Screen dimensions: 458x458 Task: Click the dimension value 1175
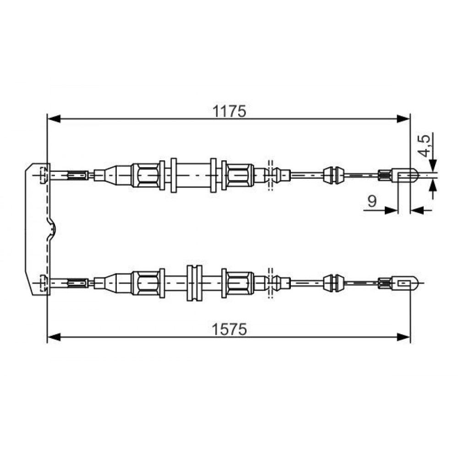[x=229, y=111]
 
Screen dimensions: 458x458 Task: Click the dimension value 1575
[x=229, y=329]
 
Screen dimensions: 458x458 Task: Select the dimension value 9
[x=372, y=201]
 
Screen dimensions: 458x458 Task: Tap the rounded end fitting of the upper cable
[x=406, y=175]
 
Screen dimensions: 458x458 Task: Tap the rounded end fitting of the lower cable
[x=406, y=283]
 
